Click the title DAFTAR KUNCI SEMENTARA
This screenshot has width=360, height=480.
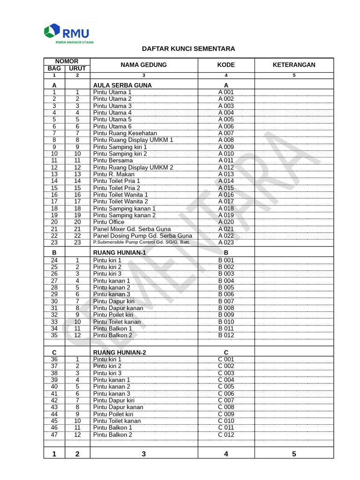[188, 49]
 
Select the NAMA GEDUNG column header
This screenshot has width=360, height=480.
[143, 65]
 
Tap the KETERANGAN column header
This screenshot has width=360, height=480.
[294, 65]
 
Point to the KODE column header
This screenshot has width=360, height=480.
[226, 65]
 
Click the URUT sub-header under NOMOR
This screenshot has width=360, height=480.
[77, 68]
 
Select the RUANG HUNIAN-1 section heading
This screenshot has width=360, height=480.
[120, 252]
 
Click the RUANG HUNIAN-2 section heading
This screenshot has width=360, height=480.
[120, 352]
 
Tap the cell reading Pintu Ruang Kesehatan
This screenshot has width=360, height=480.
[125, 133]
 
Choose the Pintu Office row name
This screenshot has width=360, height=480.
[109, 222]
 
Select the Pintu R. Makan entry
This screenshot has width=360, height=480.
[113, 174]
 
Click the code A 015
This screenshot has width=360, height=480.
[226, 187]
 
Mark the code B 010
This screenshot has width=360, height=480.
[226, 322]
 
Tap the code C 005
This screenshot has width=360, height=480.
[226, 387]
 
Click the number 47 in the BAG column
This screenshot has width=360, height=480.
[54, 435]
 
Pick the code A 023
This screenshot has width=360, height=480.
[226, 242]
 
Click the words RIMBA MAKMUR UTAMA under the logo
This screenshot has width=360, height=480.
[75, 42]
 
